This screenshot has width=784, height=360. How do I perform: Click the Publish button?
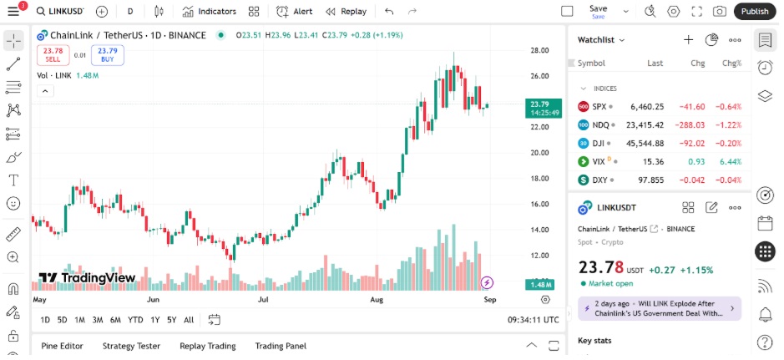point(755,11)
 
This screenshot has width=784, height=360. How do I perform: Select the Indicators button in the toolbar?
point(210,12)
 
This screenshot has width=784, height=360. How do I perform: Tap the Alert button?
point(295,12)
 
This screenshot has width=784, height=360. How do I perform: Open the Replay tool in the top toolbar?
point(346,12)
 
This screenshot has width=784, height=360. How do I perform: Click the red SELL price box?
point(53,55)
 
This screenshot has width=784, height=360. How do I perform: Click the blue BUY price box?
point(108,55)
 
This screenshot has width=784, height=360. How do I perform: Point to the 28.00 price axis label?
point(539,50)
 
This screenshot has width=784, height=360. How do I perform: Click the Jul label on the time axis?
point(264,298)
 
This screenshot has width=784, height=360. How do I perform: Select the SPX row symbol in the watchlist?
point(599,107)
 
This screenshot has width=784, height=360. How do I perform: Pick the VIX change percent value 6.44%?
point(731,161)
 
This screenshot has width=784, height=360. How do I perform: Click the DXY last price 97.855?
point(647,180)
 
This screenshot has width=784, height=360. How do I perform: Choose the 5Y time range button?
point(171,320)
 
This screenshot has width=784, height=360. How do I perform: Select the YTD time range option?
point(135,320)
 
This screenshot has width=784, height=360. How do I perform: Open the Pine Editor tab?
point(62,346)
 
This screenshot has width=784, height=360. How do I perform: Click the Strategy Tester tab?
point(131,346)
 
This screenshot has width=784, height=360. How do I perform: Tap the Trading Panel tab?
point(281,346)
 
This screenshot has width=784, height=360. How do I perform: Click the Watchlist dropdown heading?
point(601,39)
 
